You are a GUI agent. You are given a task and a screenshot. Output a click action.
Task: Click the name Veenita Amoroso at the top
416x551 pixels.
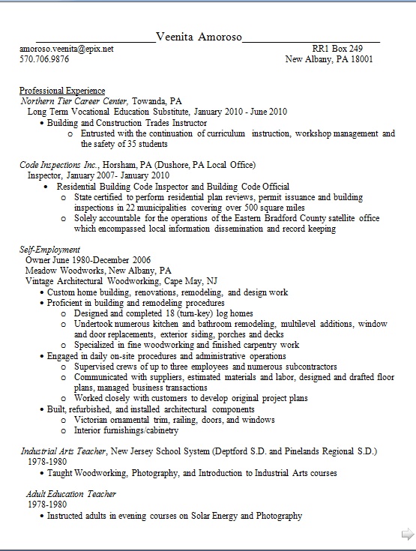coord(199,37)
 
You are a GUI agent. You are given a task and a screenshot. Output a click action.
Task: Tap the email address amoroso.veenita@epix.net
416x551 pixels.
coord(67,48)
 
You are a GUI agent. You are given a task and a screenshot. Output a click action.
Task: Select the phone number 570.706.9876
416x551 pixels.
coord(44,58)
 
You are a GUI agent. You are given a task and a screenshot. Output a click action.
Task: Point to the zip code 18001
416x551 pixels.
coord(361,58)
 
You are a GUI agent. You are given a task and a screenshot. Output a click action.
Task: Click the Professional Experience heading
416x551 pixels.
coord(62,90)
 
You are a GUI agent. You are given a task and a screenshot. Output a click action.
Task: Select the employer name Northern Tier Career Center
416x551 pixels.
coord(74,100)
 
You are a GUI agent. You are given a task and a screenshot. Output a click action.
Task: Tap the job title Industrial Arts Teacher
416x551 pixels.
coord(63,452)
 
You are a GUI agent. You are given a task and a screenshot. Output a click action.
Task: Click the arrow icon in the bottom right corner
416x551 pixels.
coord(408,533)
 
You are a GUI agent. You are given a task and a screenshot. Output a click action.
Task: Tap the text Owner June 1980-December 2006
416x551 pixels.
coord(82,260)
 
